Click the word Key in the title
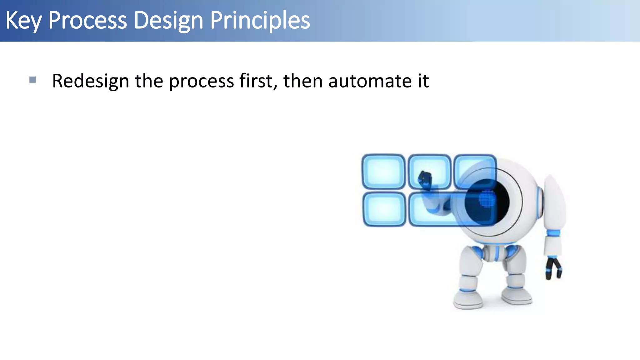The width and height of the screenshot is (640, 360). [23, 21]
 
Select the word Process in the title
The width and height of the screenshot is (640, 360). [87, 21]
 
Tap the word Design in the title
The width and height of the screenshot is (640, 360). [168, 21]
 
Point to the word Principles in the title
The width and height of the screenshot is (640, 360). [260, 21]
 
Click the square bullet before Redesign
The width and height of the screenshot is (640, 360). [32, 80]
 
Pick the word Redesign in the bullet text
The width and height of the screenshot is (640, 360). [90, 81]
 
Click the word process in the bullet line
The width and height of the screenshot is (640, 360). [202, 81]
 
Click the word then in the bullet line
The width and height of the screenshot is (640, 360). [303, 81]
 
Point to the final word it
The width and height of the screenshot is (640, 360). [423, 81]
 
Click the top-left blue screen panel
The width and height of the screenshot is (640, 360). [383, 172]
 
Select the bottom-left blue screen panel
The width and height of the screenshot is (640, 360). [384, 209]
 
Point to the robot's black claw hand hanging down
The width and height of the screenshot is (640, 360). [553, 268]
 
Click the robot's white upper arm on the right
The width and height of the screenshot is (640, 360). [555, 203]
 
